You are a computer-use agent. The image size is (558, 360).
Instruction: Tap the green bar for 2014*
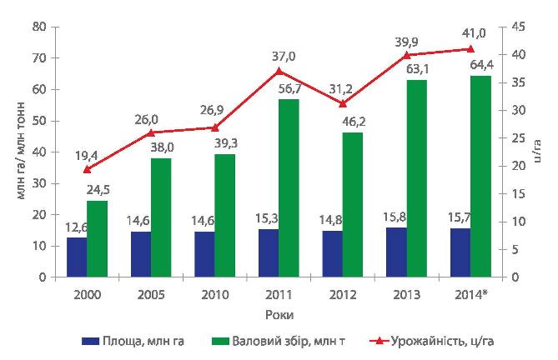point(480,176)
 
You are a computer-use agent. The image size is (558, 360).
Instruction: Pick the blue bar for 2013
point(395,252)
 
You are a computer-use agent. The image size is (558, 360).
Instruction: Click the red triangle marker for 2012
point(343,103)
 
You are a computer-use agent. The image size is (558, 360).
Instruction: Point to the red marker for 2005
point(151,132)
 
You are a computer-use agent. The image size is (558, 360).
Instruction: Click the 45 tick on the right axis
point(517,27)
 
